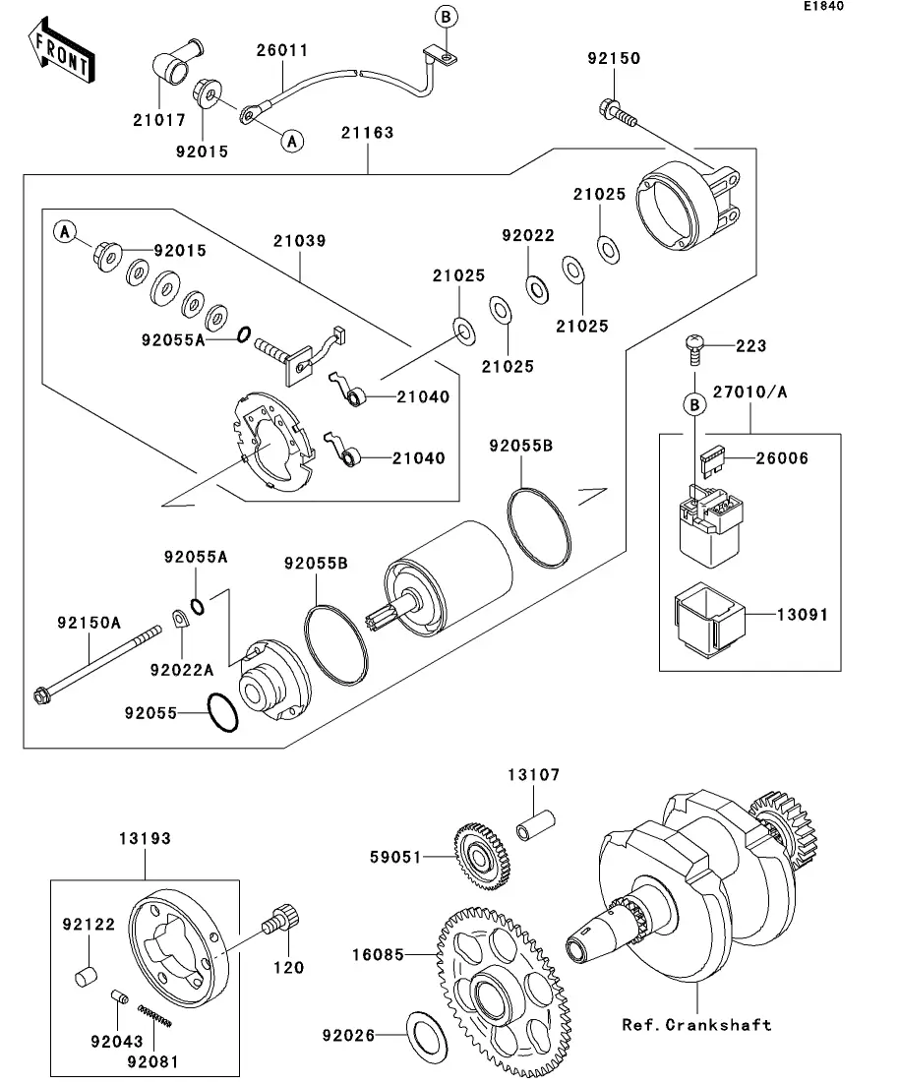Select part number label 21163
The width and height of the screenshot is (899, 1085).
(368, 132)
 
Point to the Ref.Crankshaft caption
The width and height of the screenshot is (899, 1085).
(695, 1025)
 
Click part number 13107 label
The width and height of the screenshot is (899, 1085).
(533, 775)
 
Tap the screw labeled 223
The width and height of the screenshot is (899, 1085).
(695, 347)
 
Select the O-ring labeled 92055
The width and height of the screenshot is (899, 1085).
(221, 712)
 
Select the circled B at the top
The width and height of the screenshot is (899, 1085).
(445, 17)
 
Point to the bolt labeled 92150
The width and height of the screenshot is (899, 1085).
(616, 112)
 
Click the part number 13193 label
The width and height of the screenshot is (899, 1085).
(145, 839)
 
